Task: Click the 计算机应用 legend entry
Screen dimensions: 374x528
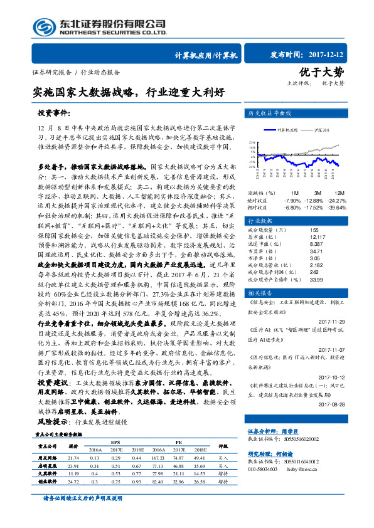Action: [x=286, y=130]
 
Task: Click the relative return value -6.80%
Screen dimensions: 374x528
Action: [x=292, y=207]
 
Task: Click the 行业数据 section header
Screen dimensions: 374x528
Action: [x=260, y=221]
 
